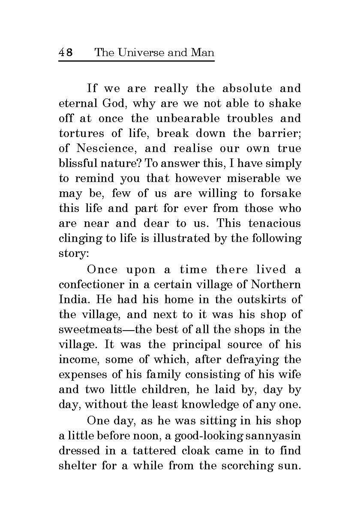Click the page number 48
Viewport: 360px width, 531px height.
66,53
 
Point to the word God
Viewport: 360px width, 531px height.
113,104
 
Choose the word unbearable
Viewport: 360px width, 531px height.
187,119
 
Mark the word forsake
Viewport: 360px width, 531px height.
281,194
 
